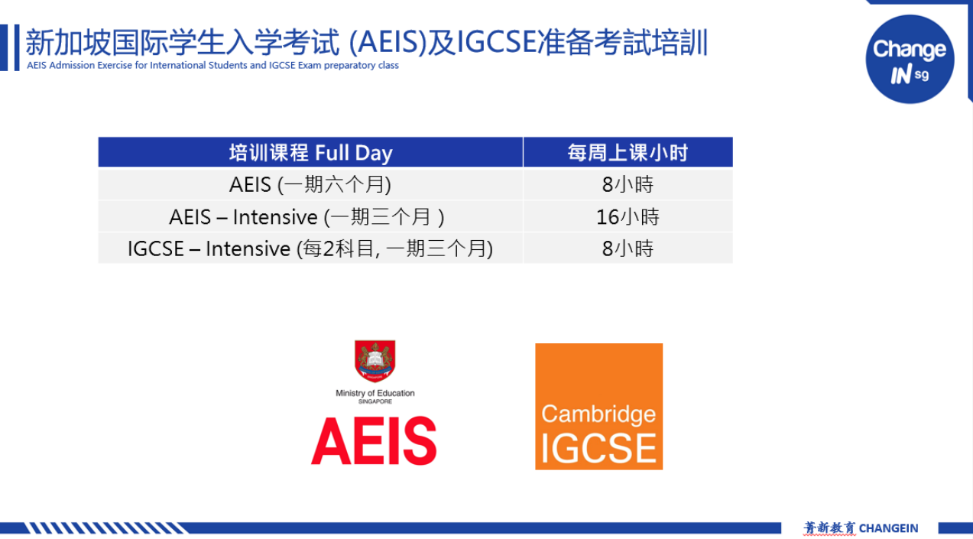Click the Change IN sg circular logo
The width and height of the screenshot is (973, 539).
910,59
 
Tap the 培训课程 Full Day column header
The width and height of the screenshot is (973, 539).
310,152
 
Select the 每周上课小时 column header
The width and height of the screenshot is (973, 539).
628,152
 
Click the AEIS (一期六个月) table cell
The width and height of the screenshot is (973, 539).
310,184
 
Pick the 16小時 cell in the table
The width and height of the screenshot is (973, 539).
628,216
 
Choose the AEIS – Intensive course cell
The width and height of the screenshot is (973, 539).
310,216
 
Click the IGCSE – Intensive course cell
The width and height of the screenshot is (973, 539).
310,248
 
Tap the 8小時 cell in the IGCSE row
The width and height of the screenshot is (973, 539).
628,248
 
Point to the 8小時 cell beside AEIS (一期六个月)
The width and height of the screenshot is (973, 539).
628,184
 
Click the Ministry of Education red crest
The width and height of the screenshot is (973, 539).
375,361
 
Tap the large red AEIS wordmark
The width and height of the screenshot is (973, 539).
374,440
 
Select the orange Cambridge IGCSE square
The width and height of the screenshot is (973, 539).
599,407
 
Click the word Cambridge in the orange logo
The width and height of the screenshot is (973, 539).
598,414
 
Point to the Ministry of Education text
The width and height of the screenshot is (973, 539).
375,393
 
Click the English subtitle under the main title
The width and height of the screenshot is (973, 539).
212,66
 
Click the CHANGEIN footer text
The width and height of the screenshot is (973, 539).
889,528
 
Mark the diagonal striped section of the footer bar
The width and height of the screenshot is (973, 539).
106,528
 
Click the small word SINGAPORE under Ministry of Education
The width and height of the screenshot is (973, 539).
375,401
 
